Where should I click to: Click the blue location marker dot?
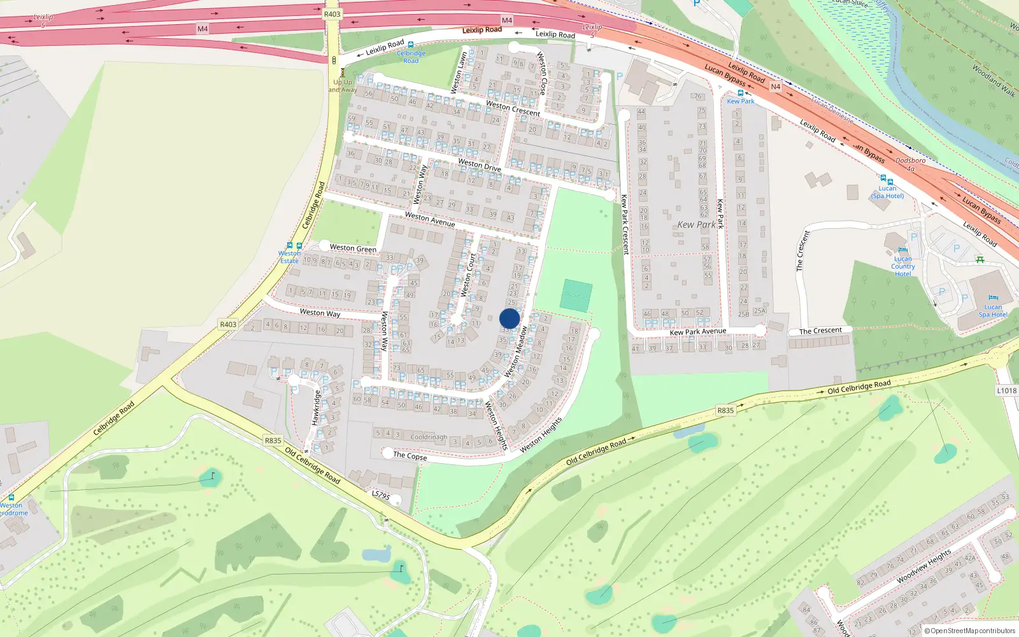(509, 318)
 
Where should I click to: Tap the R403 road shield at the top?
(332, 14)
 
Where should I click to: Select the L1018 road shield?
(1006, 390)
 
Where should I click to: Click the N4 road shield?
(775, 87)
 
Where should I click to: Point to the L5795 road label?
(380, 494)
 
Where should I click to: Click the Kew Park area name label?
(696, 225)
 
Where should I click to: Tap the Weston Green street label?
(353, 248)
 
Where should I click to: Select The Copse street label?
(410, 455)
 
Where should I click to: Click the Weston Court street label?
(468, 275)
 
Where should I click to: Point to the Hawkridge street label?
(316, 408)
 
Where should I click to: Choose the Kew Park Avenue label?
(697, 331)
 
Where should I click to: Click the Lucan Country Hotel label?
(902, 266)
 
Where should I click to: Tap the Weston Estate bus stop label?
(289, 257)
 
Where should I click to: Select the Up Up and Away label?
(343, 86)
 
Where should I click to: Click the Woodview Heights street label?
(923, 566)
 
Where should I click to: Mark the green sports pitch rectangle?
(576, 296)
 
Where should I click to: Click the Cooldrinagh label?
(429, 437)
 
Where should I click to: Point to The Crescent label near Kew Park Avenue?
(820, 331)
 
